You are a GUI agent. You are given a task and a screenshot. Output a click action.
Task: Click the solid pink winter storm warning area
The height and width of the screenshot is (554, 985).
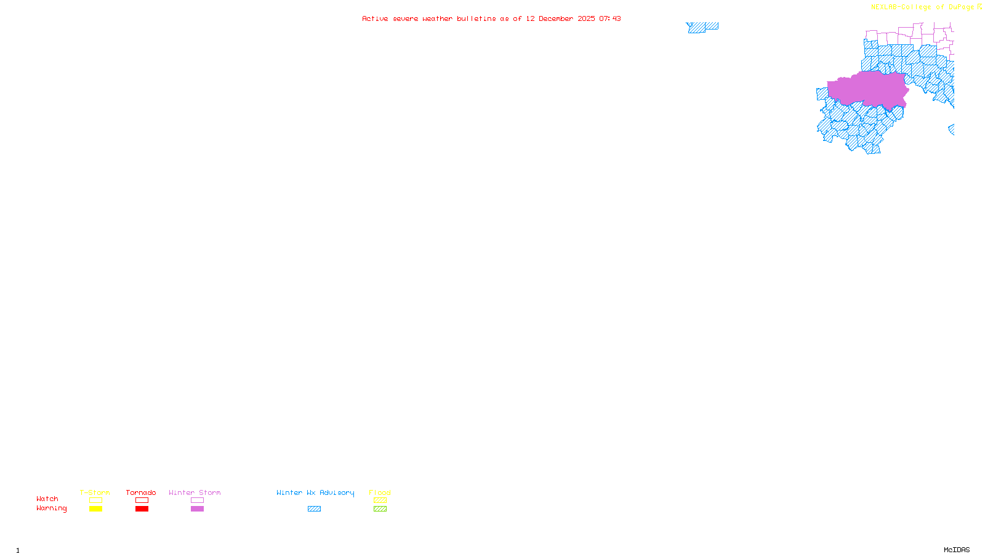(868, 89)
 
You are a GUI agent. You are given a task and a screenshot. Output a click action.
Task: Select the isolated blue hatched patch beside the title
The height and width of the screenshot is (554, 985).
(701, 27)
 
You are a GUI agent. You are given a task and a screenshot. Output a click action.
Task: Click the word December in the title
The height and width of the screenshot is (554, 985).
(556, 19)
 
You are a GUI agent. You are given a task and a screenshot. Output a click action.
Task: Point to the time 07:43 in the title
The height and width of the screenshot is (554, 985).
(610, 19)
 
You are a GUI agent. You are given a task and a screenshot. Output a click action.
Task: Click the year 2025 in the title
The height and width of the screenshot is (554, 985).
(586, 19)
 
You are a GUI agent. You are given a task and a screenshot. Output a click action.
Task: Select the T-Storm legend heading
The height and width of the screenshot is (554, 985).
(95, 492)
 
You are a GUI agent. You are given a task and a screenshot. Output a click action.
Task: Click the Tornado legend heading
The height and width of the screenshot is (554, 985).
(141, 492)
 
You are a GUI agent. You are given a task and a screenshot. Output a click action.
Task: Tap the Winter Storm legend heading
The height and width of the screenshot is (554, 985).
(195, 492)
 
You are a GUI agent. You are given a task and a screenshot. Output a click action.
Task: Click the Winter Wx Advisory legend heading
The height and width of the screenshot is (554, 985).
(315, 492)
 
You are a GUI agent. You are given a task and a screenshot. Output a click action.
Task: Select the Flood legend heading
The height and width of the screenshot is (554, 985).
(380, 492)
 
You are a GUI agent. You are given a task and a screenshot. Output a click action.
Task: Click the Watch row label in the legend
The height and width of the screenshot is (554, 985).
(47, 499)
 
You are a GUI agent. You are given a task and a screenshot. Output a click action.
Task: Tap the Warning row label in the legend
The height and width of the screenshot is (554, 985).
(52, 508)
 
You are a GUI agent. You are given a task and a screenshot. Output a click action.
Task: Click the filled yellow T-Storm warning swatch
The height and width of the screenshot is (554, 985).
(95, 509)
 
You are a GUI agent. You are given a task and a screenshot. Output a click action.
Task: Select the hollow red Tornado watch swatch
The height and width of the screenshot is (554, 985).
(142, 500)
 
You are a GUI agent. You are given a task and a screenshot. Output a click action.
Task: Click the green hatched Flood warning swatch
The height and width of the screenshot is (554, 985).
(380, 509)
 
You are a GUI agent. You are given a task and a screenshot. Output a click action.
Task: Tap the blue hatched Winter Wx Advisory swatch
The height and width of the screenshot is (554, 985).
(314, 509)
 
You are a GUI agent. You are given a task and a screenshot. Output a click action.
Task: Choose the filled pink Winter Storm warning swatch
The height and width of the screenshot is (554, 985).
(197, 509)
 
